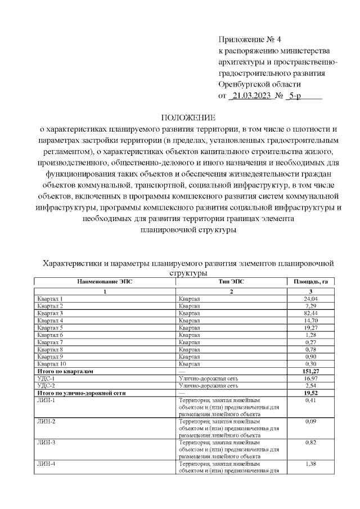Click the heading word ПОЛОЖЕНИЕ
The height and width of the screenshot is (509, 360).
point(188,118)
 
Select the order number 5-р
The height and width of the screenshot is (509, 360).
point(294,96)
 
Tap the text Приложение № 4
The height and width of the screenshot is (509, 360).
point(249,39)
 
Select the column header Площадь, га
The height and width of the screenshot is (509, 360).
point(307,281)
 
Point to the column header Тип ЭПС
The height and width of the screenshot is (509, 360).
point(231,281)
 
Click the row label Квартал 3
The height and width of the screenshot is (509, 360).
point(49,313)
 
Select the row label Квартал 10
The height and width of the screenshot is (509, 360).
point(51,364)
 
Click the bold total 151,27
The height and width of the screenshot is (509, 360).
point(309,371)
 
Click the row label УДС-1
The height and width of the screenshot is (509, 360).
point(46,379)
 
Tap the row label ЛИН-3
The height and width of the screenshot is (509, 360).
point(46,443)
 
